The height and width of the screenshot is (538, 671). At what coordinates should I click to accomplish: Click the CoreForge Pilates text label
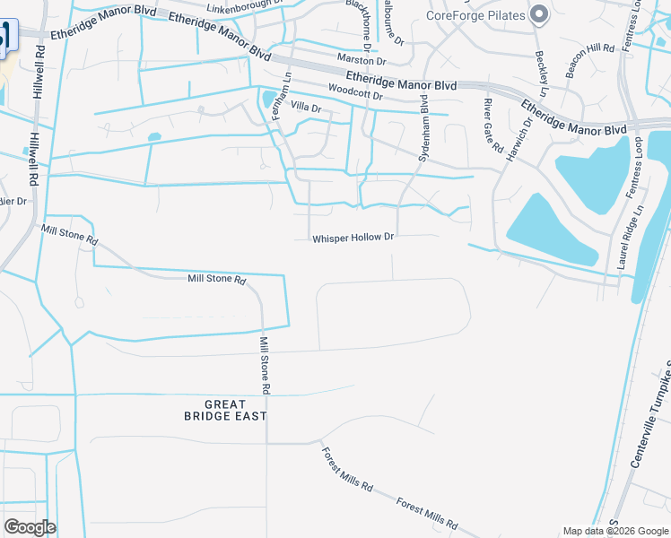click(x=475, y=15)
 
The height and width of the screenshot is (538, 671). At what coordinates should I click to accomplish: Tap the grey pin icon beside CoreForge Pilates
click(x=539, y=14)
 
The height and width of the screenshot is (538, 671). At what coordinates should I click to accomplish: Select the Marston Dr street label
click(x=362, y=61)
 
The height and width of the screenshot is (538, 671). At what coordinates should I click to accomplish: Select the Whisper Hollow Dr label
click(x=353, y=239)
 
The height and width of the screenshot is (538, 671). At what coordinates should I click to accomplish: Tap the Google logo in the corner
click(x=30, y=527)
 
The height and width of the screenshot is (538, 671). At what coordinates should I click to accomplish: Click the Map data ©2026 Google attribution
click(x=614, y=531)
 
